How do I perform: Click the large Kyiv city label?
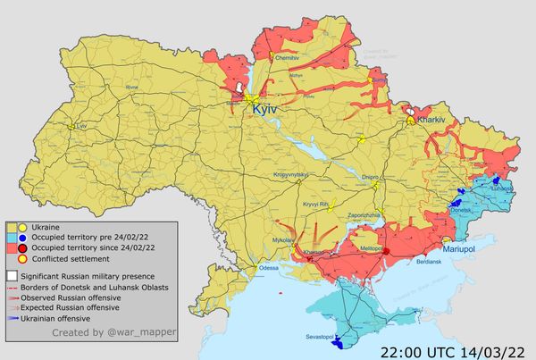click(266, 108)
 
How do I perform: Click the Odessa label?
click(268, 267)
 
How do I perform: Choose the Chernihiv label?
click(286, 56)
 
